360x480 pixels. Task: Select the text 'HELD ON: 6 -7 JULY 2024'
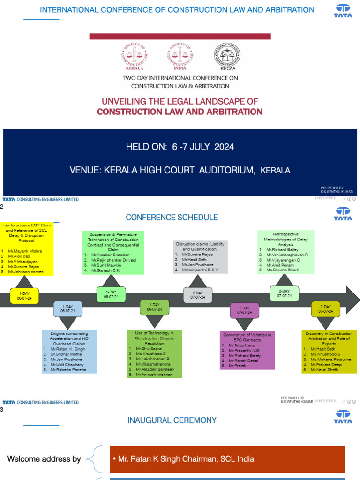[180, 147]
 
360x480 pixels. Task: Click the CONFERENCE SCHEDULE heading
[172, 217]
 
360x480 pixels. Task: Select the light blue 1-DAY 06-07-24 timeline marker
[68, 309]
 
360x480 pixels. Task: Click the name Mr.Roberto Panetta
[69, 370]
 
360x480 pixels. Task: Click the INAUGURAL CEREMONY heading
[172, 420]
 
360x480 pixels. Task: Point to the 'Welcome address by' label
[44, 459]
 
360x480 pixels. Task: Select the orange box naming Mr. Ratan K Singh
[227, 459]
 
